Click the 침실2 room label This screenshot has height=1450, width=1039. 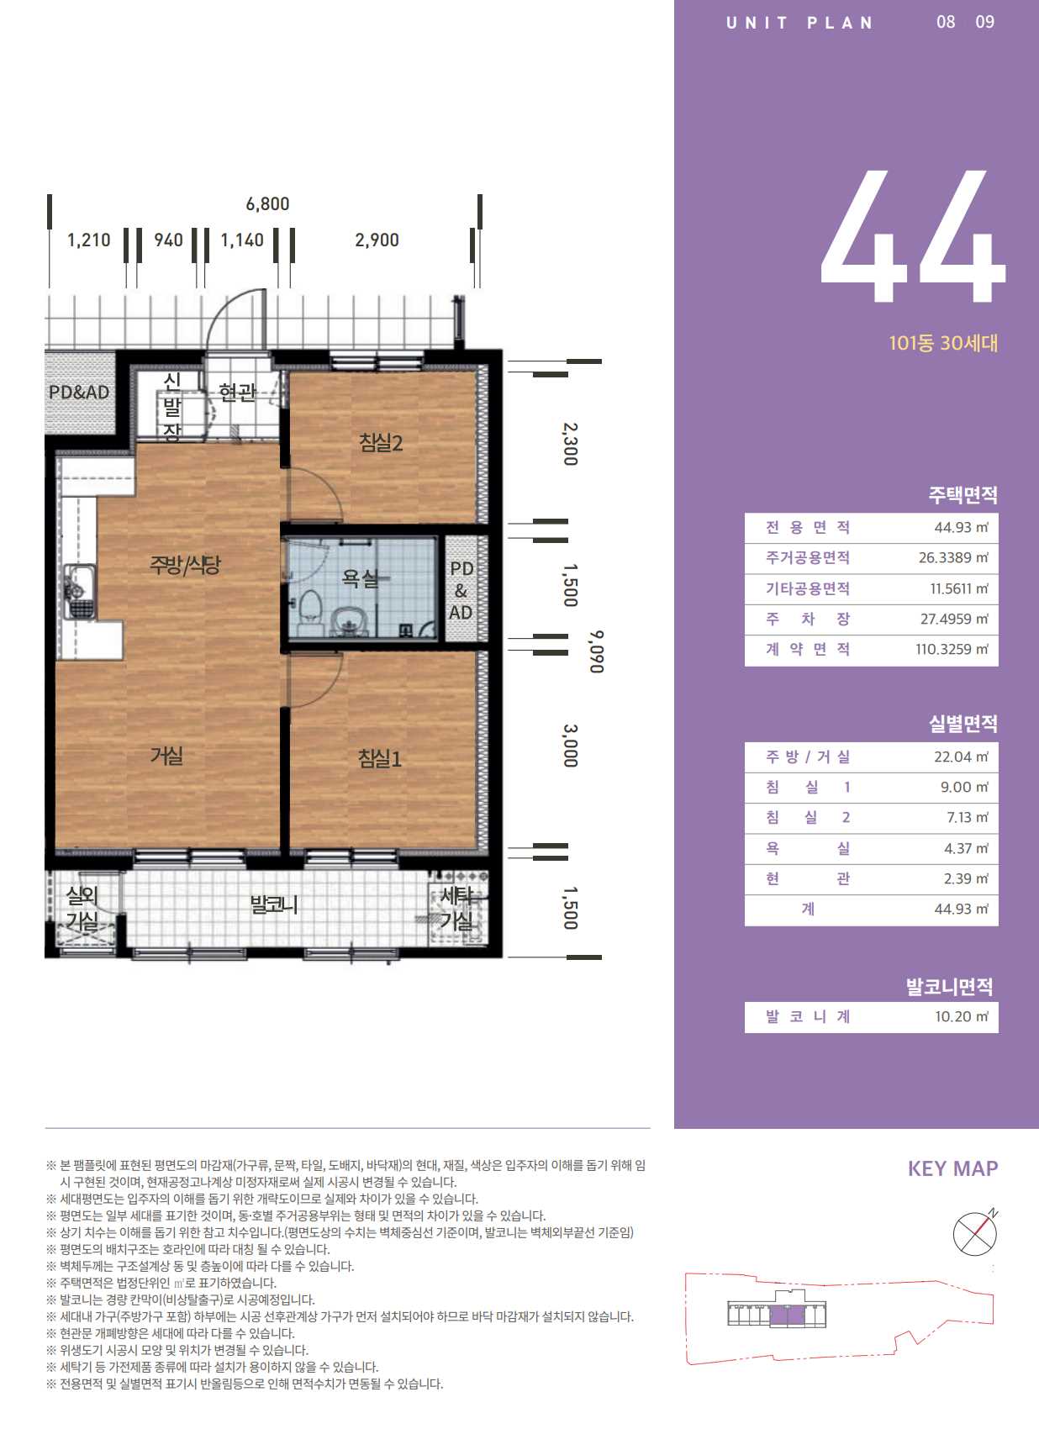pos(381,442)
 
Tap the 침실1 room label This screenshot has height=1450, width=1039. pos(380,758)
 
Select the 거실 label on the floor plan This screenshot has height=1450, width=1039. pos(166,756)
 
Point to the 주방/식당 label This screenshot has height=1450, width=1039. pos(185,564)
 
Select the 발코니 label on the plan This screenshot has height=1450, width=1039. pos(274,905)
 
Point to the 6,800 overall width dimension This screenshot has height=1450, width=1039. pos(267,204)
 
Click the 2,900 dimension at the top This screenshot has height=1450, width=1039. pos(377,240)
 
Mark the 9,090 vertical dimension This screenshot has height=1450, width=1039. pos(596,651)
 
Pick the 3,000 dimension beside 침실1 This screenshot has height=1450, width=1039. pos(570,746)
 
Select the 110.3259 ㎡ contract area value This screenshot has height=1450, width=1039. pos(952,650)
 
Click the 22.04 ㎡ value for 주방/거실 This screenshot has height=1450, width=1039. pos(961,757)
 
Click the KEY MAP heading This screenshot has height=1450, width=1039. pos(952,1168)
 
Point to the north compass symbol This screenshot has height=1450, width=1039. pos(975,1233)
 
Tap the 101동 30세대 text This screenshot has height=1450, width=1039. pos(943,343)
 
